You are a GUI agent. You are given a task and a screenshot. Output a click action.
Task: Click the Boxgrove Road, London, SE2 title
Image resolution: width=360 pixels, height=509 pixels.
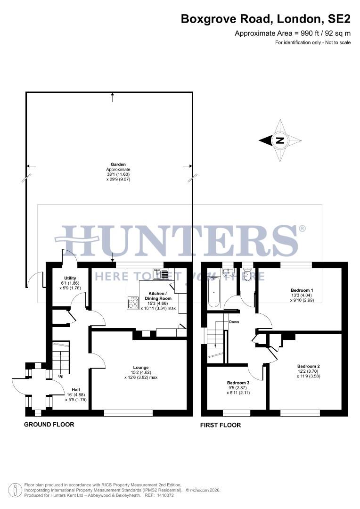[x=266, y=19]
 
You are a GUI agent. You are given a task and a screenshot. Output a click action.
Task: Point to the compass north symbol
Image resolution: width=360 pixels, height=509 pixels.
[x=280, y=140]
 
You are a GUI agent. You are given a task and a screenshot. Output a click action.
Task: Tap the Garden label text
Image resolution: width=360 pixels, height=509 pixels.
[x=112, y=164]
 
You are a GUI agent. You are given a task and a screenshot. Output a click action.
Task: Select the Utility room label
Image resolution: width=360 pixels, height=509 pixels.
[x=70, y=278]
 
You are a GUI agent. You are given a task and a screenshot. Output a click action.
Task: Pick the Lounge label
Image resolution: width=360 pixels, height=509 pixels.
[x=141, y=367]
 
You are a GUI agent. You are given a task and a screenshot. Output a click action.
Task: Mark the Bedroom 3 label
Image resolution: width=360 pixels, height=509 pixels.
[x=238, y=383]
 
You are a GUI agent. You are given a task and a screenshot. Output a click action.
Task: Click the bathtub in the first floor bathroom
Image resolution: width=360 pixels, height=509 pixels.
[x=214, y=293]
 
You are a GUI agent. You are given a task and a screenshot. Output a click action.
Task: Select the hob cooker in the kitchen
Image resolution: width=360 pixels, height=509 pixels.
[x=133, y=303]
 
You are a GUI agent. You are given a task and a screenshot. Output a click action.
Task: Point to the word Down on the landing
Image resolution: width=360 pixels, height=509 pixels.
[x=234, y=322]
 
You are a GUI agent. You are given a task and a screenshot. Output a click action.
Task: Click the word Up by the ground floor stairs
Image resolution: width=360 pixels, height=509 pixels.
[x=61, y=377]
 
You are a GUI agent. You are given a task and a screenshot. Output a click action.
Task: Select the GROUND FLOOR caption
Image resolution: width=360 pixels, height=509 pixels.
[x=49, y=424]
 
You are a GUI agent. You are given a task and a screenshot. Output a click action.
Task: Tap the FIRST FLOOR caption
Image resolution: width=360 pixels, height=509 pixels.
[x=221, y=425]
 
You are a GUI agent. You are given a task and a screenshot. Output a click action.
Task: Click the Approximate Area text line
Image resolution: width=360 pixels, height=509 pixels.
[x=293, y=33]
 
